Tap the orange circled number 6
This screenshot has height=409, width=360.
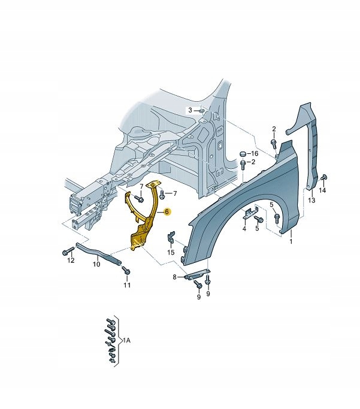pyautogui.click(x=167, y=211)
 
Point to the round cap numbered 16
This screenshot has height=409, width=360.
pyautogui.click(x=243, y=154)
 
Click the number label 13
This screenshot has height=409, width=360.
pyautogui.click(x=311, y=200)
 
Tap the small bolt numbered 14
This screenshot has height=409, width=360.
pyautogui.click(x=324, y=177)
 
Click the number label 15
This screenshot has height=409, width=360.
pyautogui.click(x=171, y=252)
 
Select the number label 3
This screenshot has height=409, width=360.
pyautogui.click(x=190, y=110)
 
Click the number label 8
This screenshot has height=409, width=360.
pyautogui.click(x=174, y=277)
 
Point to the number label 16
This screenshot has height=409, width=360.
pyautogui.click(x=254, y=154)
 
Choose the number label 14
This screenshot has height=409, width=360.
pyautogui.click(x=322, y=190)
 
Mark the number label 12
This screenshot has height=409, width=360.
pyautogui.click(x=71, y=260)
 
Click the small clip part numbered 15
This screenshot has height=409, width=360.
pyautogui.click(x=171, y=239)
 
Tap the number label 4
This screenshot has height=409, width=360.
pyautogui.click(x=244, y=228)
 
